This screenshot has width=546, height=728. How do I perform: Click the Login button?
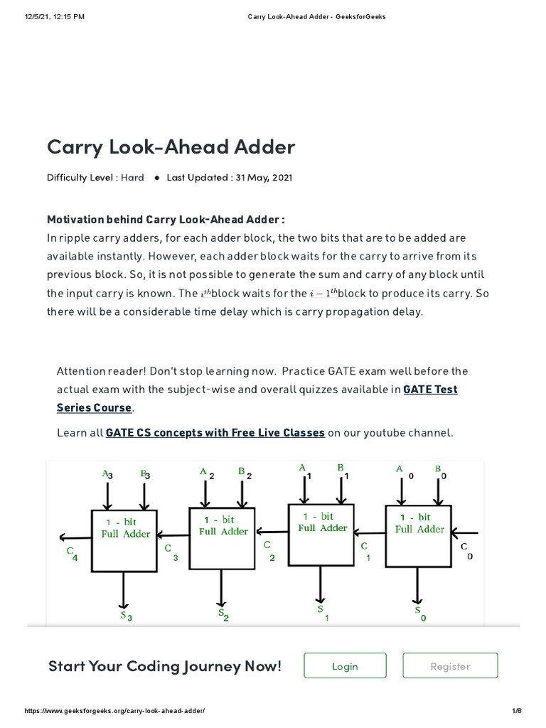(x=345, y=666)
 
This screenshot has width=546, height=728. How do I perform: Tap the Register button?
(x=450, y=666)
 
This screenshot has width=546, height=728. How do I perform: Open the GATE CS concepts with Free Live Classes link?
(x=215, y=432)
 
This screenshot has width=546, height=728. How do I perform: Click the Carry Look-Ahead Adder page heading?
(x=171, y=147)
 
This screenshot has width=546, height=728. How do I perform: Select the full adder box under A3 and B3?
(x=124, y=540)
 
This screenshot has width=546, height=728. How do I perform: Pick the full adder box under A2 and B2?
(x=223, y=537)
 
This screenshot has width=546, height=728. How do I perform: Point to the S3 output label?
(x=127, y=616)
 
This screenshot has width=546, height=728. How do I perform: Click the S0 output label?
(x=420, y=614)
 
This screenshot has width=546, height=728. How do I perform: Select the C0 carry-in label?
(x=466, y=550)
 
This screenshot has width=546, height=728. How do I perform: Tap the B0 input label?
(x=440, y=472)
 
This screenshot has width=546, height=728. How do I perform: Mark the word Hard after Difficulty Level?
(x=132, y=178)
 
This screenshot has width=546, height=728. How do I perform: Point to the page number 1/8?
(x=516, y=712)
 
